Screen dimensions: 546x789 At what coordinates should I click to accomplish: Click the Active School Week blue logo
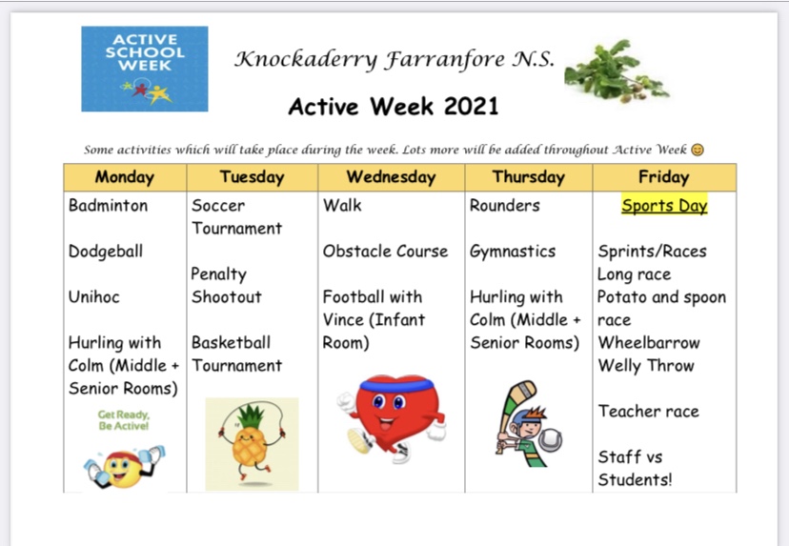click(144, 68)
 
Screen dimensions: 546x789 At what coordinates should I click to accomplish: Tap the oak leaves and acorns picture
click(616, 71)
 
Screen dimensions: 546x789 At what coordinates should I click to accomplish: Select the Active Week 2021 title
click(393, 105)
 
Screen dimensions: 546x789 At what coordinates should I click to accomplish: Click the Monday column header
click(124, 177)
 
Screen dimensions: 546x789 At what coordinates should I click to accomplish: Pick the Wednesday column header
click(391, 177)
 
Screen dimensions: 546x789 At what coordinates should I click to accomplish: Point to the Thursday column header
click(528, 177)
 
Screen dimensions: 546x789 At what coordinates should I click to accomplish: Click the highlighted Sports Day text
click(664, 206)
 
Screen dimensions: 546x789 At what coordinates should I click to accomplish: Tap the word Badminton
click(108, 206)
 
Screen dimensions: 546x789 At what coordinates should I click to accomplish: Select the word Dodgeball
click(105, 252)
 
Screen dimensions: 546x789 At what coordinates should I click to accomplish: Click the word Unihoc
click(93, 297)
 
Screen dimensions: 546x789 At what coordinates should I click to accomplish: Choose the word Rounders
click(504, 206)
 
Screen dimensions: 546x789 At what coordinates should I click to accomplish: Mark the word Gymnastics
click(512, 252)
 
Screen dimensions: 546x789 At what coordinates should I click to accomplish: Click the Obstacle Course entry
click(385, 252)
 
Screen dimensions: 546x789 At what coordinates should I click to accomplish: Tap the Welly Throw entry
click(645, 366)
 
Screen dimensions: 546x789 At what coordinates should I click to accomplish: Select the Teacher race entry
click(648, 412)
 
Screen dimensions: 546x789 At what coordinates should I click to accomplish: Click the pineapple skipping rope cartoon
click(252, 444)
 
